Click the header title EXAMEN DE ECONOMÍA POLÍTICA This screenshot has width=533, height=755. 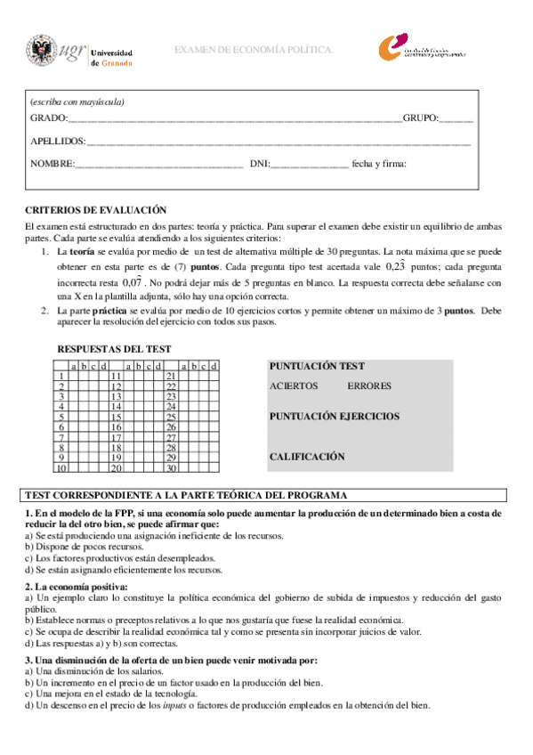click(x=254, y=51)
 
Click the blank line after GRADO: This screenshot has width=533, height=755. click(x=235, y=118)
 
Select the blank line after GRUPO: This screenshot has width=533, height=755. click(x=456, y=118)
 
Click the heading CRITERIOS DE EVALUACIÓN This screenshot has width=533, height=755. click(x=95, y=210)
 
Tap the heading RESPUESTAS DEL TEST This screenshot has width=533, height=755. click(x=114, y=349)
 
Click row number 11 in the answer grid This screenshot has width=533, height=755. click(x=116, y=376)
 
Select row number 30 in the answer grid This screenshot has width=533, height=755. click(x=172, y=467)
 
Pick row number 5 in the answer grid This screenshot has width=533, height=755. click(x=61, y=417)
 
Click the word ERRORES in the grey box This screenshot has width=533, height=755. click(x=367, y=386)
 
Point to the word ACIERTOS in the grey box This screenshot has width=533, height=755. click(x=292, y=386)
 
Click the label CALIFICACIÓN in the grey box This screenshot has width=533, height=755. click(x=306, y=457)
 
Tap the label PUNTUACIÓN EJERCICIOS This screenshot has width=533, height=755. click(x=334, y=416)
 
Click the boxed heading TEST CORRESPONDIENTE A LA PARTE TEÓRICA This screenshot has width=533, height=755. click(x=186, y=495)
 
